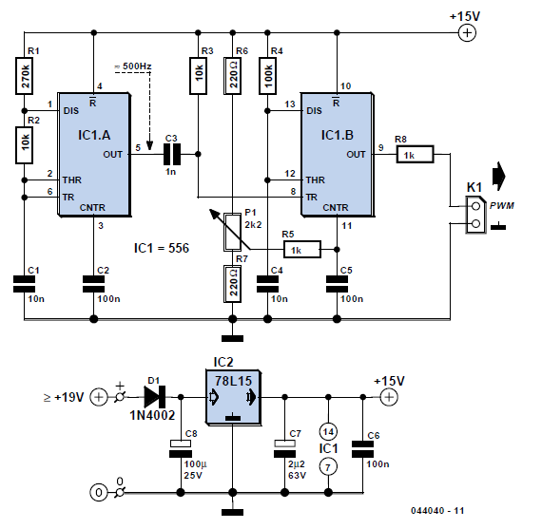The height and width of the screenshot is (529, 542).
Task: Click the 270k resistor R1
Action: click(x=24, y=76)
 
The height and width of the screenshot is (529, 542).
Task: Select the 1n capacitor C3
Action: click(x=172, y=155)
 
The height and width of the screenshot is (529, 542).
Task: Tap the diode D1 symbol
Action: click(x=154, y=397)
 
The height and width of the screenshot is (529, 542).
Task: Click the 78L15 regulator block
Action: click(x=233, y=397)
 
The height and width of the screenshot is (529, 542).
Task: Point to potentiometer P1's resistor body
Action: click(x=233, y=232)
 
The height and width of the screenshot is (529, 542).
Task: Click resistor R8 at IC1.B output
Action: click(x=415, y=155)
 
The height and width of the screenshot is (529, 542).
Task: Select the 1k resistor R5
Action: click(x=302, y=250)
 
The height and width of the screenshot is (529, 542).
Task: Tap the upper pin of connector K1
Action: click(x=476, y=206)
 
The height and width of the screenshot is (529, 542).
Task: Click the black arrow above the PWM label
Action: click(x=499, y=176)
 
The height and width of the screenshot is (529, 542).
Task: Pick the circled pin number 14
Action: click(x=328, y=431)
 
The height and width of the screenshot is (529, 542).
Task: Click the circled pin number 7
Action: click(x=328, y=467)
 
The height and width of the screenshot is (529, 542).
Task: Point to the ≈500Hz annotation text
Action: click(x=133, y=66)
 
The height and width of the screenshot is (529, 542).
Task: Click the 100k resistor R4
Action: click(x=267, y=76)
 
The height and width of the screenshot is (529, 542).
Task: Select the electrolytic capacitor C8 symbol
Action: click(x=181, y=448)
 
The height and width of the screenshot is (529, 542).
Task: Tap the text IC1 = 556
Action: click(x=162, y=248)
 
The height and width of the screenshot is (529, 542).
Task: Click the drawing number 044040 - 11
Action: click(x=437, y=511)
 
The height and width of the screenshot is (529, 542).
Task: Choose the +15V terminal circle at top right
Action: click(x=467, y=33)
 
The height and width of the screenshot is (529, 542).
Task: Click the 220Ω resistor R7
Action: click(x=233, y=283)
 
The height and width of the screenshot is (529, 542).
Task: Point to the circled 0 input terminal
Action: click(x=99, y=492)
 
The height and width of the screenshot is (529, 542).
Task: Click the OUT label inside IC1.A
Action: click(x=113, y=155)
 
